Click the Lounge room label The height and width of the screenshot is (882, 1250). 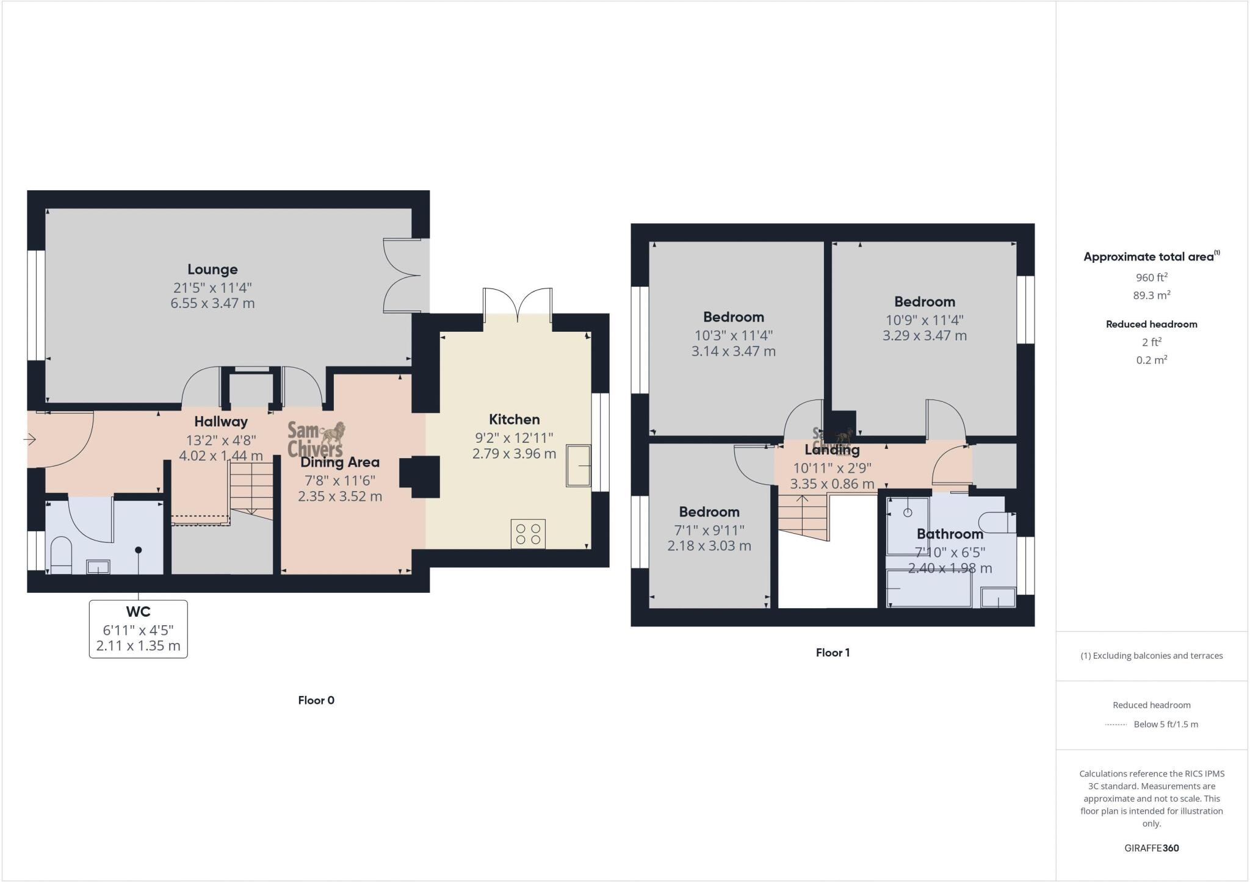click(x=212, y=269)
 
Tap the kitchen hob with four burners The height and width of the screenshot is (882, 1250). click(x=528, y=534)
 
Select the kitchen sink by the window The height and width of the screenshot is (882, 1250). click(x=578, y=465)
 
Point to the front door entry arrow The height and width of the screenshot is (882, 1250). click(x=30, y=439)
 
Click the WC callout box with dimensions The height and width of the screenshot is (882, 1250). click(x=139, y=629)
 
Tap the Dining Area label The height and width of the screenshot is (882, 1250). click(x=340, y=462)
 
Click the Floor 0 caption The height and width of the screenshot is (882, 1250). click(x=316, y=700)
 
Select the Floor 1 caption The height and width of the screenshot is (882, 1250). click(x=833, y=653)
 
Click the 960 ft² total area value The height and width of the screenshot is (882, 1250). click(x=1151, y=278)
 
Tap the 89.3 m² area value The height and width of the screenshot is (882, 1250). click(x=1151, y=295)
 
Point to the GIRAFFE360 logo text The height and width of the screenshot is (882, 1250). click(x=1151, y=848)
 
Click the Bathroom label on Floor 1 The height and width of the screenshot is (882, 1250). click(x=950, y=534)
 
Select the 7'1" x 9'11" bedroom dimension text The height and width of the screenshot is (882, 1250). click(x=709, y=530)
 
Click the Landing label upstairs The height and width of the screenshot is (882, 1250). click(x=832, y=450)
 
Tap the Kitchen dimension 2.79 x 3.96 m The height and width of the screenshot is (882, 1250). click(x=514, y=454)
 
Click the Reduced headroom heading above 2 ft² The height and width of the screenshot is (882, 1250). click(x=1151, y=324)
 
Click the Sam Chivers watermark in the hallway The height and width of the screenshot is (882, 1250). click(x=316, y=439)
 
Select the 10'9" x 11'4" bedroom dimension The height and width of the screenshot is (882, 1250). click(x=924, y=320)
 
